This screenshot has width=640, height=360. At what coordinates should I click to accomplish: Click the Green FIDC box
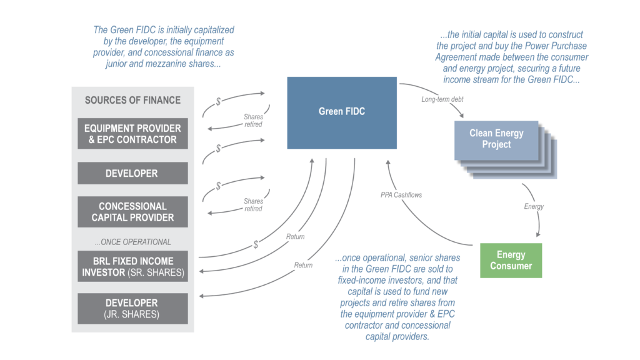coord(342,112)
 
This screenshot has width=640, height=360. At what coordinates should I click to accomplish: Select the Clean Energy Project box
coord(496,139)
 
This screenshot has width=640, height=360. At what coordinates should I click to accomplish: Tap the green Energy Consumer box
coord(511,260)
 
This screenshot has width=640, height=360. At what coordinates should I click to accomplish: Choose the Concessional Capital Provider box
coord(132,212)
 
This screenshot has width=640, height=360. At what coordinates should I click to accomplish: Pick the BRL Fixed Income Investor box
coord(132,266)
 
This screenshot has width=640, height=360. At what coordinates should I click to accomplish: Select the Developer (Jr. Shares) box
coord(132,308)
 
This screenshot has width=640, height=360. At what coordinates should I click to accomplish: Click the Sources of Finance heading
coord(132,100)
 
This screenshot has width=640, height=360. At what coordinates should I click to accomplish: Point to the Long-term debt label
coord(442,99)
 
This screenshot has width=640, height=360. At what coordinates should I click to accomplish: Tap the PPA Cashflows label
coord(401,195)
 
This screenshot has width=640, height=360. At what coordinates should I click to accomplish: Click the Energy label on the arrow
coord(533,206)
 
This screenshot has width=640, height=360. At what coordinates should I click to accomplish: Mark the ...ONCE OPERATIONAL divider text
coord(132,242)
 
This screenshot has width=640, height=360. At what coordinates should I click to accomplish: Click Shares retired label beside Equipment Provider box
coord(253,121)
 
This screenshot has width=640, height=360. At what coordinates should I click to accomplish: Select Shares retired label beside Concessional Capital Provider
coord(253,205)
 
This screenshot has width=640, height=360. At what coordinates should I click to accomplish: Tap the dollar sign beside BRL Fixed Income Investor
coord(256,244)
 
